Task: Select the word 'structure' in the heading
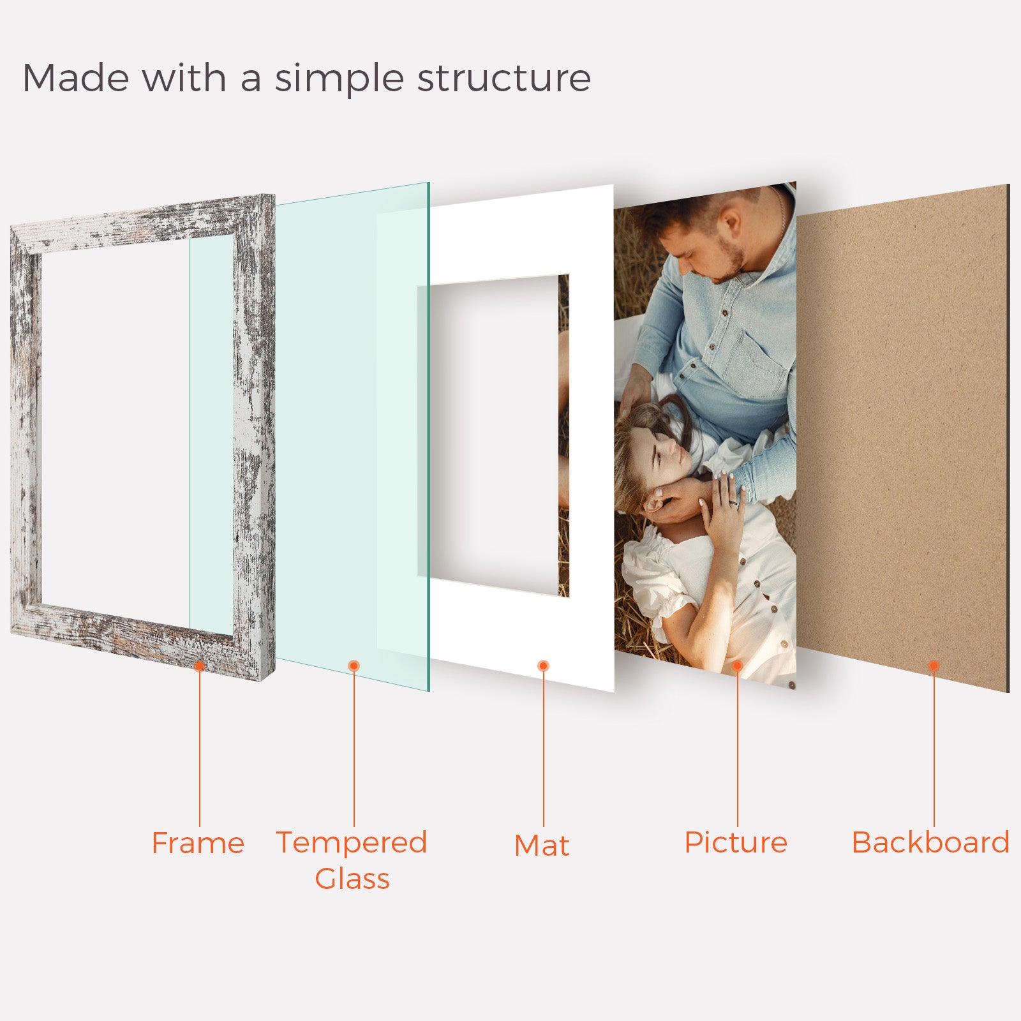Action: [x=504, y=78]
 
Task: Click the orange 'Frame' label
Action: [x=198, y=843]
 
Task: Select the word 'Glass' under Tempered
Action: [x=352, y=878]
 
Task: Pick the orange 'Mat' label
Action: [x=542, y=845]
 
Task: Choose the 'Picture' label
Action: [x=736, y=842]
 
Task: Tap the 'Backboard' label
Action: [x=930, y=842]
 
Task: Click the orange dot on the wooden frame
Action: [x=199, y=666]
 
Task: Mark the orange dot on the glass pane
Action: [x=354, y=666]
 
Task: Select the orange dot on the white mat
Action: [x=544, y=666]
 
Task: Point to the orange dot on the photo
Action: [x=737, y=666]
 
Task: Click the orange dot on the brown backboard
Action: [x=934, y=666]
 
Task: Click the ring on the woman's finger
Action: [x=733, y=503]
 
